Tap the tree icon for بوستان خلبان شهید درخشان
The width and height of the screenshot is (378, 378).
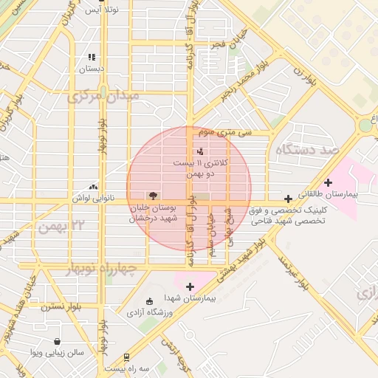tap(152, 196)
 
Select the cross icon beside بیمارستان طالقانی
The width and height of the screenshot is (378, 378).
tap(328, 182)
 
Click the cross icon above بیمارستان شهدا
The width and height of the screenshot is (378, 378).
tap(190, 286)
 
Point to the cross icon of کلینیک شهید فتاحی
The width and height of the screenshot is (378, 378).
tap(288, 199)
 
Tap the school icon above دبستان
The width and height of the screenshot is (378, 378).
tap(92, 57)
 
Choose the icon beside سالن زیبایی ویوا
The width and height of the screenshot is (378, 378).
tap(58, 341)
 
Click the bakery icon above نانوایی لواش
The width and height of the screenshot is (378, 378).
tap(92, 188)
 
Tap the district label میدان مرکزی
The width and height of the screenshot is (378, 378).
tap(103, 97)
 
